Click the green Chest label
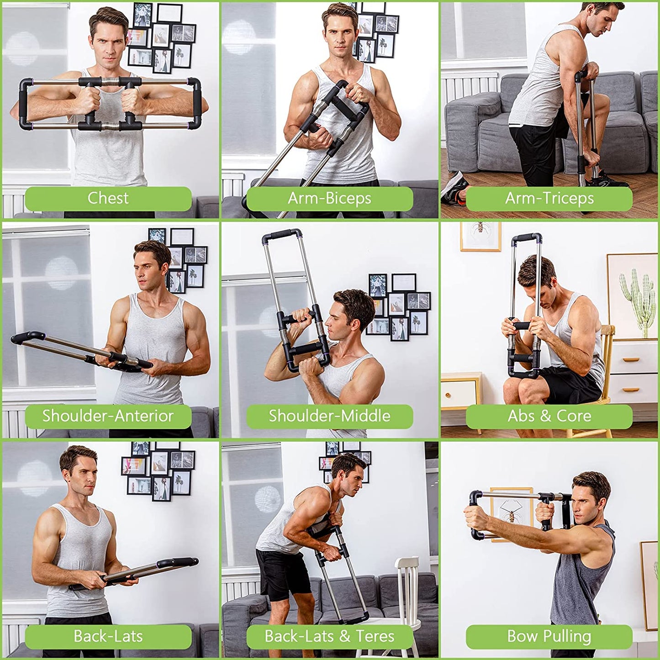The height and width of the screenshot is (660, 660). [x=108, y=198]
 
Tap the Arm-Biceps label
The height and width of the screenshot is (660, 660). [x=329, y=198]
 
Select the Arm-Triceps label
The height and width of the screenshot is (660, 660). [x=549, y=198]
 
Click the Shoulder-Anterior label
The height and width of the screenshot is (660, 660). [x=108, y=416]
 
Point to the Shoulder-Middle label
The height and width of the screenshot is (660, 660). [x=329, y=416]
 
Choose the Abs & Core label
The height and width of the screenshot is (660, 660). [x=549, y=416]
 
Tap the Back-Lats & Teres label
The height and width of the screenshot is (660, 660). [x=329, y=636]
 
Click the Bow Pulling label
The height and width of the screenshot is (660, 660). [x=549, y=636]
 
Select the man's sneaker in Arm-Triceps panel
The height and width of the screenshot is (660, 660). [x=454, y=187]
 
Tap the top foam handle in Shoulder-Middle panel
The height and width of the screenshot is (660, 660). [x=282, y=235]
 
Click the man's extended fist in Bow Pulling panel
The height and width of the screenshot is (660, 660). [x=475, y=516]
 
